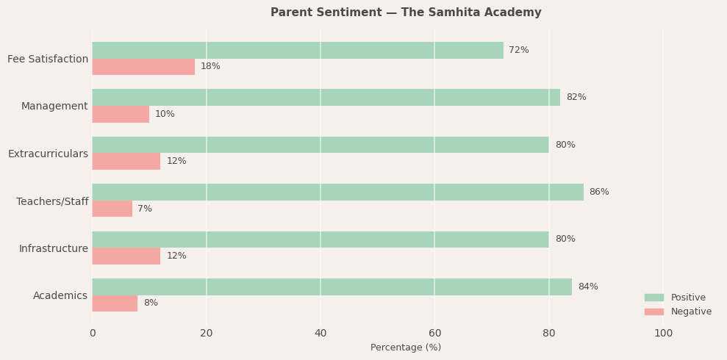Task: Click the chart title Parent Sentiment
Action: click(x=406, y=12)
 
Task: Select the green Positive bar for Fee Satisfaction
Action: click(x=298, y=50)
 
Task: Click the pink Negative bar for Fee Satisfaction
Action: click(x=143, y=67)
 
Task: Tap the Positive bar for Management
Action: click(x=326, y=97)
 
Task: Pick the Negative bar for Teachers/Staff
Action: click(x=112, y=209)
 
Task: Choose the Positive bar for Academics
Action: click(x=332, y=287)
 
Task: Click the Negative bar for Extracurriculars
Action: click(x=126, y=161)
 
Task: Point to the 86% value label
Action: click(x=599, y=192)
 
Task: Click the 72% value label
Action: click(x=519, y=50)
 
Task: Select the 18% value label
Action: click(x=210, y=67)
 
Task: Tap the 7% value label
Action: click(x=145, y=209)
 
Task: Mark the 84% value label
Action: click(x=588, y=287)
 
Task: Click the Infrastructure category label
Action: click(x=54, y=248)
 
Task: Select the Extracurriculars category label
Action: click(x=48, y=154)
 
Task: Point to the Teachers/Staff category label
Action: click(x=52, y=201)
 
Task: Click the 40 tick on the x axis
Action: click(x=320, y=333)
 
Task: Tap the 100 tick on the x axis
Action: click(x=663, y=333)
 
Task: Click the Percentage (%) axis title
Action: click(x=406, y=348)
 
